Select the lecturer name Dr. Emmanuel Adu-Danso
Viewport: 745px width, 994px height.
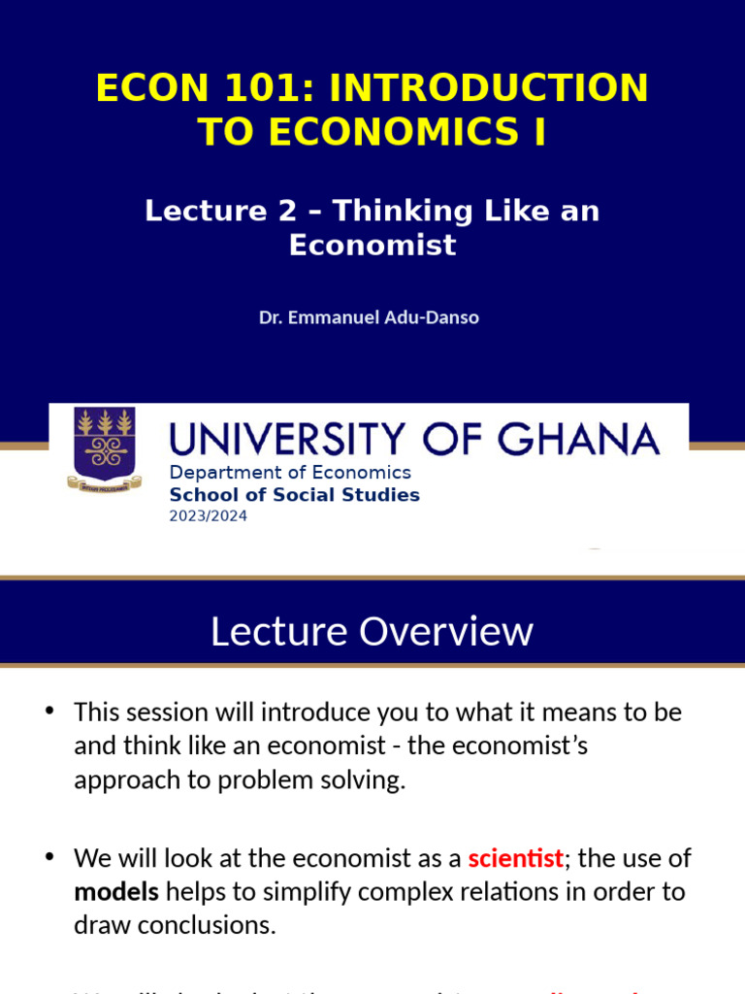coord(369,317)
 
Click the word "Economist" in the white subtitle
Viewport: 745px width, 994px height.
coord(372,245)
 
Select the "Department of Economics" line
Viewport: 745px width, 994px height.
coord(290,473)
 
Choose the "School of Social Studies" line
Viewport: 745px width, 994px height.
coord(295,495)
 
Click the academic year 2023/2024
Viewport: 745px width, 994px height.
coord(209,516)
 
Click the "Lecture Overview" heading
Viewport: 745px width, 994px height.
coord(372,631)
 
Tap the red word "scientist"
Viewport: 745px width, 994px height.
coord(515,858)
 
